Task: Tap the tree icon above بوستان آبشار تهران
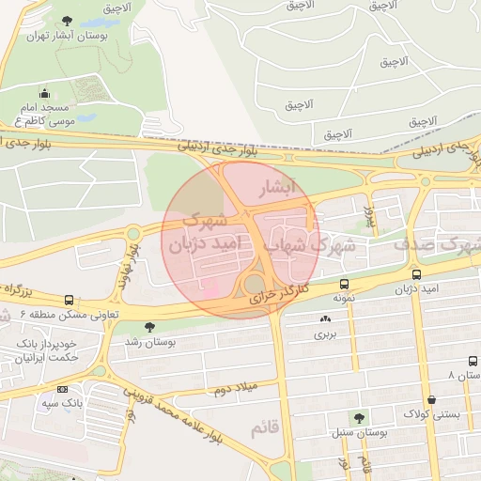pyautogui.click(x=66, y=21)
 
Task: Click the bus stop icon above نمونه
pyautogui.click(x=344, y=283)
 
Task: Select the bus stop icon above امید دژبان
pyautogui.click(x=416, y=274)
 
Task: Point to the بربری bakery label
pyautogui.click(x=325, y=334)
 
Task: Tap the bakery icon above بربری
pyautogui.click(x=325, y=319)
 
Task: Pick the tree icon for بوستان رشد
pyautogui.click(x=148, y=326)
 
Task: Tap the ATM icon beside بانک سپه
pyautogui.click(x=62, y=389)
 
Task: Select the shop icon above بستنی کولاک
pyautogui.click(x=430, y=399)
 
